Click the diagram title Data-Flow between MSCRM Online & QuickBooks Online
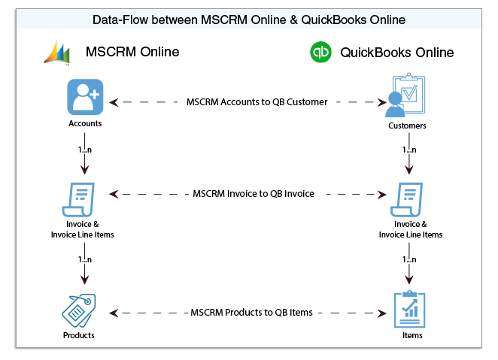(248, 20)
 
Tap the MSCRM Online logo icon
(58, 52)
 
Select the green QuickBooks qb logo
(321, 53)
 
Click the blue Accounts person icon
(84, 96)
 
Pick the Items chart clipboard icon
(410, 310)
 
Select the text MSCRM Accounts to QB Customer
(257, 101)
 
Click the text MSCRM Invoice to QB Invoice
(253, 193)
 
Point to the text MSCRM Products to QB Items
(252, 312)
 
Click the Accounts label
(84, 123)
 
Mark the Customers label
(407, 126)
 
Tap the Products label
(79, 335)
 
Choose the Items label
(411, 335)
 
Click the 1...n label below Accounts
(84, 150)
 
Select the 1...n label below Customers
(409, 150)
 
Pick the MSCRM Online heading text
(132, 52)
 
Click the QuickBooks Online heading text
(397, 53)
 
